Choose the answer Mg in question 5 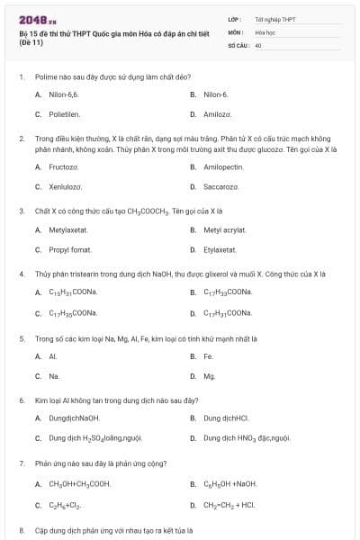click(x=209, y=375)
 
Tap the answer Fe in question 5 click(x=207, y=355)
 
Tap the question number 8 click(x=22, y=531)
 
